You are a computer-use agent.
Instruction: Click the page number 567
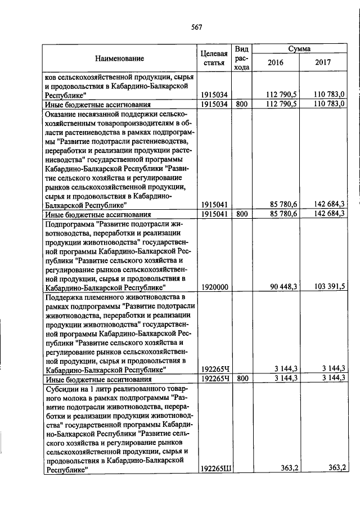pos(196,26)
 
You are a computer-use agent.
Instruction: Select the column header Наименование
pos(119,58)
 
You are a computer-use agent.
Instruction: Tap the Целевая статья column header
pos(214,58)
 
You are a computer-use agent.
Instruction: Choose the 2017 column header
pos(323,62)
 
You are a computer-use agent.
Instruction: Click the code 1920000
pos(214,287)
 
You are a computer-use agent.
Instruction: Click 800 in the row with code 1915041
pos(241,214)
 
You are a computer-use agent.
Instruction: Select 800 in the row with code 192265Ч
pos(241,379)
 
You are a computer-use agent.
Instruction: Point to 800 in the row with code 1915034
pos(241,104)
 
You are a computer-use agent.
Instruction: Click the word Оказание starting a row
pos(61,114)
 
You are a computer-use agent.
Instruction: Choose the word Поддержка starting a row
pos(65,296)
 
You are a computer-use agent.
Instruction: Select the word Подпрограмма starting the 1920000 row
pos(69,224)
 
